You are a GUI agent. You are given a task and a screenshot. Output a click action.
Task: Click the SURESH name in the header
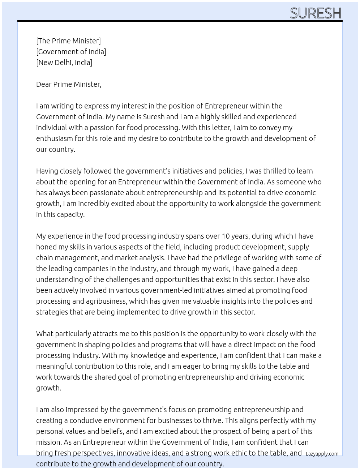click(x=316, y=13)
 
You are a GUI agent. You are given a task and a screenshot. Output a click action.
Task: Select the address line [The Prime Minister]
click(x=68, y=41)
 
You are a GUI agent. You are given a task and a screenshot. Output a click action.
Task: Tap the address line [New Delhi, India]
click(x=64, y=63)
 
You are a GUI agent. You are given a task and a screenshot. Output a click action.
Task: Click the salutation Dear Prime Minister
click(x=69, y=84)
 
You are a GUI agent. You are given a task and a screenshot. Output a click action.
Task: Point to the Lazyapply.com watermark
click(x=322, y=454)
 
